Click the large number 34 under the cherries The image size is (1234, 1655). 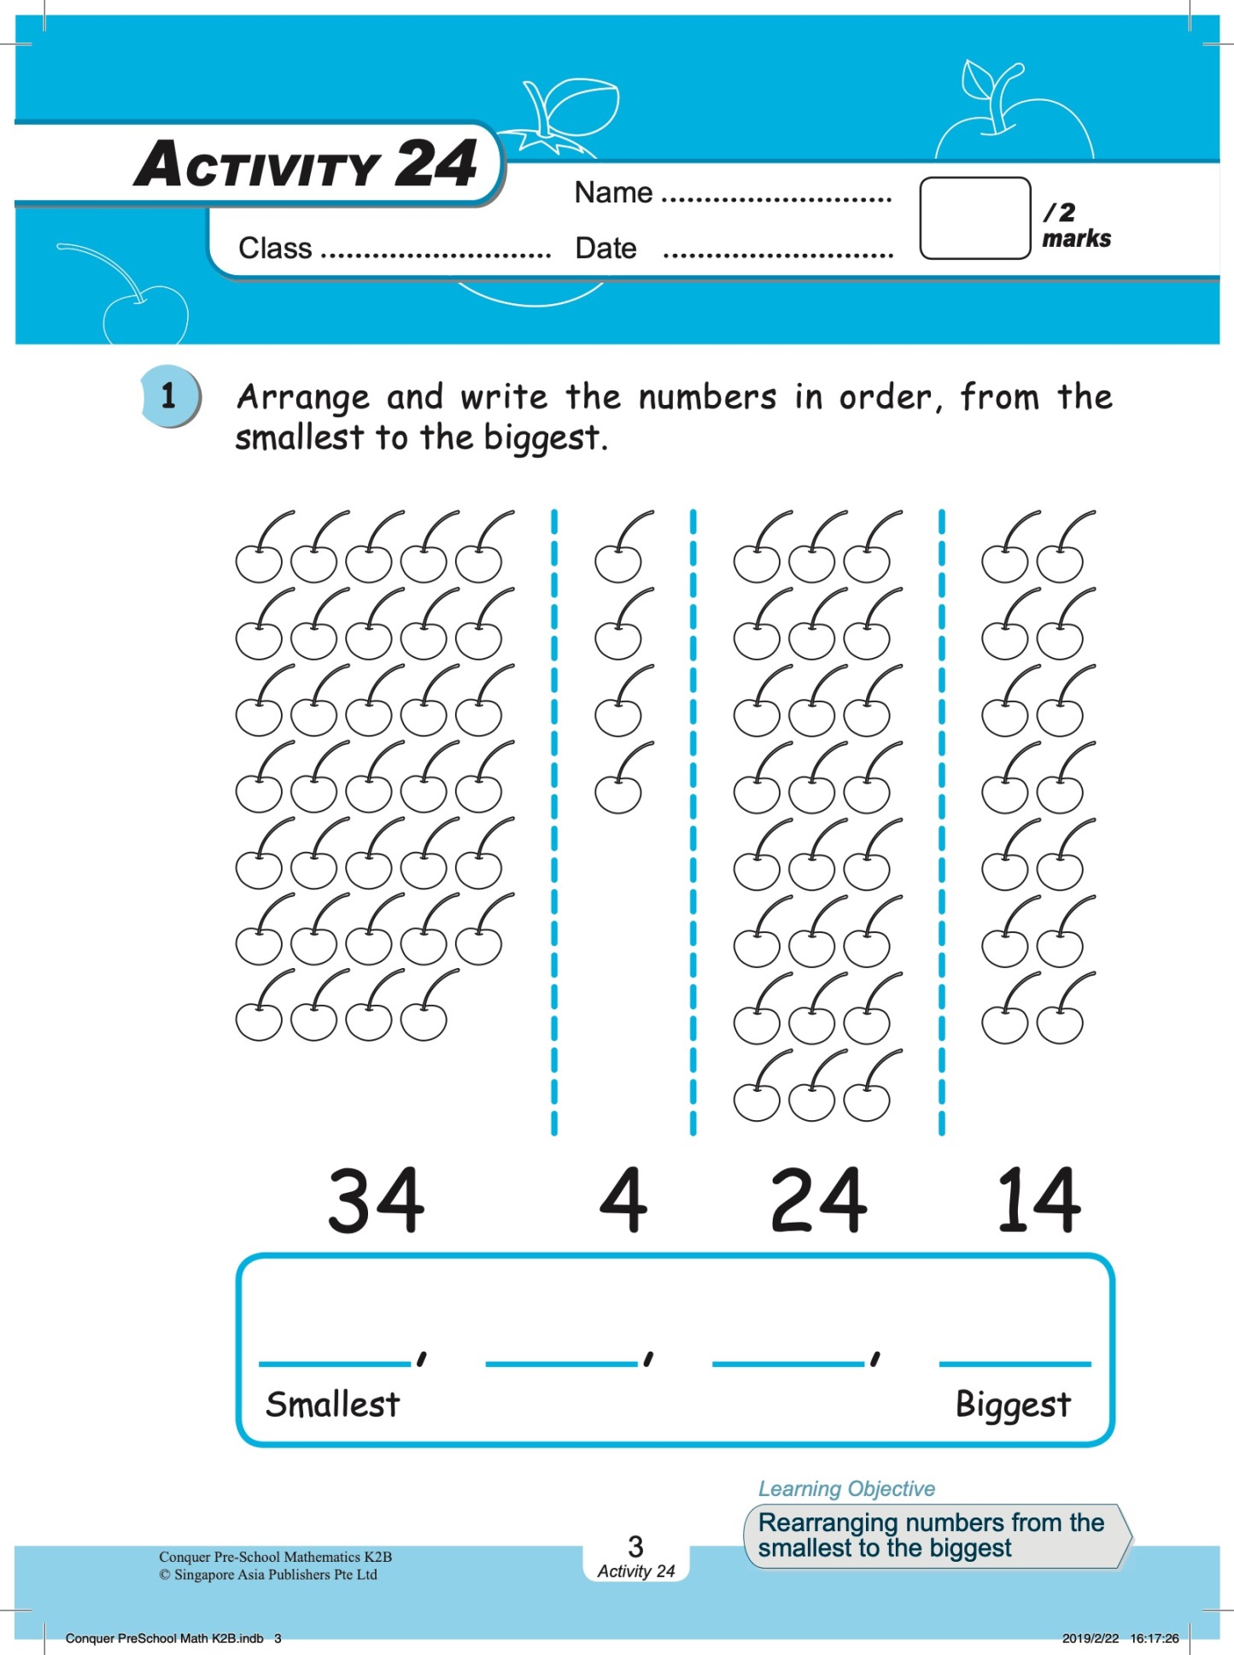coord(376,1200)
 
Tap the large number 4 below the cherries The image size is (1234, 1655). coord(623,1200)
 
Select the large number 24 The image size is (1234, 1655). coord(818,1200)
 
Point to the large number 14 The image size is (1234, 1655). coord(1039,1200)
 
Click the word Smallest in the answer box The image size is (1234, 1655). coord(332,1404)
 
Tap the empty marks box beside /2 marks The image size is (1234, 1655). coord(974,218)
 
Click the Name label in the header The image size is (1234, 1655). coord(613,193)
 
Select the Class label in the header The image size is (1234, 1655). coord(275,249)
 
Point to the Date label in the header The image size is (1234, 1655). coord(605,249)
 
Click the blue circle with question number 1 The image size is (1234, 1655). coord(169,396)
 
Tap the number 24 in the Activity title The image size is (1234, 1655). coord(436,164)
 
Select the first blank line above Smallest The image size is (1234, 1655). coord(335,1362)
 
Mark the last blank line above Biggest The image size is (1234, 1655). coord(1015,1362)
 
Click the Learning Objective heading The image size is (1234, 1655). coord(846,1488)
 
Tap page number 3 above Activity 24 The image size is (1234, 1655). coord(635,1546)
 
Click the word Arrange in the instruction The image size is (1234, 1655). coord(303,398)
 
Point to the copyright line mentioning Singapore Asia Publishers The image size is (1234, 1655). coord(268,1575)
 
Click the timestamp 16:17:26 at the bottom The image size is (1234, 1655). coord(1154,1638)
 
